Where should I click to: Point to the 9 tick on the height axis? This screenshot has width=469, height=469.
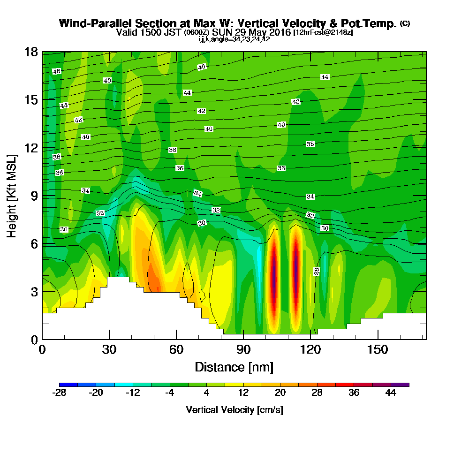(34, 196)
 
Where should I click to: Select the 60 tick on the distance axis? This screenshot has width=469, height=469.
(176, 350)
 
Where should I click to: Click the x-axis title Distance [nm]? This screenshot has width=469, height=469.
(234, 366)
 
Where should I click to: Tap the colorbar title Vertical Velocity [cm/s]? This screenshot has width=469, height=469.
(234, 410)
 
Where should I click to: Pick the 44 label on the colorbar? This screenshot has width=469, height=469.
(390, 393)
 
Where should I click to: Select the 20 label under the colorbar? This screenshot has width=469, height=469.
(280, 393)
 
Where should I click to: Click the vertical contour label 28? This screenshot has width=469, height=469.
(317, 272)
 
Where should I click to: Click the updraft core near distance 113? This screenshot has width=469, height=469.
(296, 267)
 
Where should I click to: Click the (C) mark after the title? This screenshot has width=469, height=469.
(405, 23)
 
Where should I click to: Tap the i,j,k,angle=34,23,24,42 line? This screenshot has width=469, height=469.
(234, 39)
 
